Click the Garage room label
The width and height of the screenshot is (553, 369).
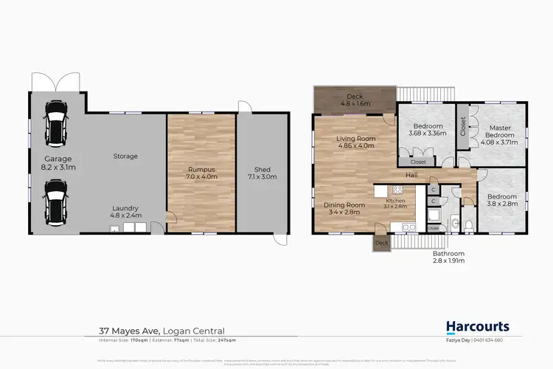pyautogui.click(x=57, y=162)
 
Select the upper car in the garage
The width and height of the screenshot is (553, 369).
pyautogui.click(x=56, y=123)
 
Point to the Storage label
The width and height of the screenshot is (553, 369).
pyautogui.click(x=125, y=156)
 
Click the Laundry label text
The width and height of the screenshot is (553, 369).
pyautogui.click(x=125, y=212)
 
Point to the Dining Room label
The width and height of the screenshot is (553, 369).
pyautogui.click(x=345, y=207)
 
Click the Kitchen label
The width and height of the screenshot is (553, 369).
pyautogui.click(x=396, y=203)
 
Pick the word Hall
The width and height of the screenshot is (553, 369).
pyautogui.click(x=413, y=175)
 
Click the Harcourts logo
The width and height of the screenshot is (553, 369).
pyautogui.click(x=477, y=326)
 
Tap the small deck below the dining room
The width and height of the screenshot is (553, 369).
pyautogui.click(x=380, y=243)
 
